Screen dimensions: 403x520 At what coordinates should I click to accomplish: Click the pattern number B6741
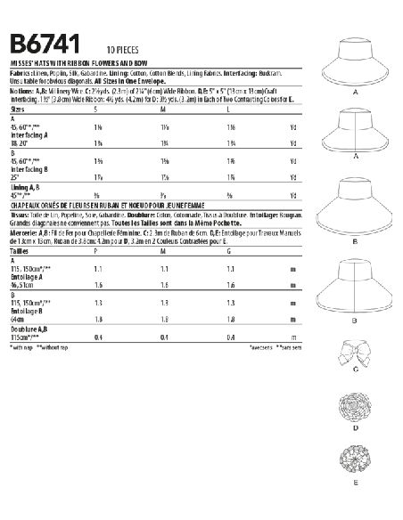tap(45, 46)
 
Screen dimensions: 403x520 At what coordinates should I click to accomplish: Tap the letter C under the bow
tap(355, 393)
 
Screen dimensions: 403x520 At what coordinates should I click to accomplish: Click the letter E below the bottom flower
tap(355, 506)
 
